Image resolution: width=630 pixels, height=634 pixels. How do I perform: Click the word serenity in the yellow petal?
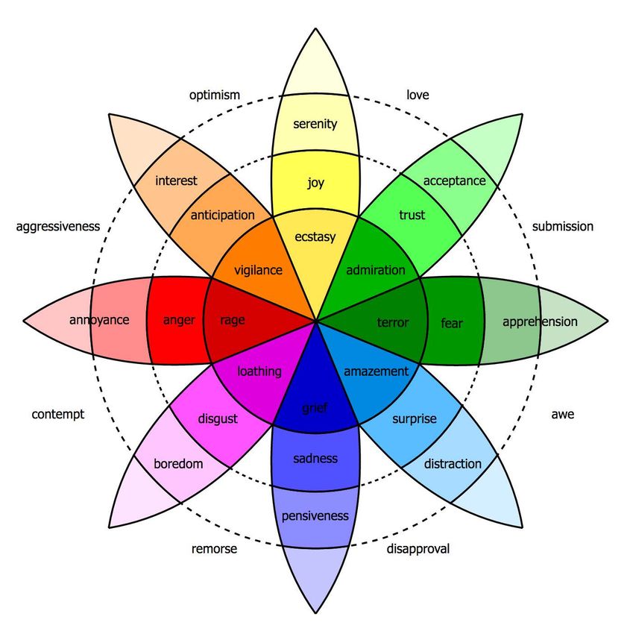[315, 124]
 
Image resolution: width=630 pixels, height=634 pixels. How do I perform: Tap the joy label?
[315, 183]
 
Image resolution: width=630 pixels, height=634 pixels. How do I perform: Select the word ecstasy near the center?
[315, 237]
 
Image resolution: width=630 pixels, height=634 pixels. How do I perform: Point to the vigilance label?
[258, 270]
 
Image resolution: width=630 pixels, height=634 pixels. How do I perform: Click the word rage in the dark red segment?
[233, 320]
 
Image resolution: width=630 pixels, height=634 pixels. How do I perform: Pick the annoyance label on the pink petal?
[99, 320]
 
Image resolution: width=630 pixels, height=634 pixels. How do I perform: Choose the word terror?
[393, 322]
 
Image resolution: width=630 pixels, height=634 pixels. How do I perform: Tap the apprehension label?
[540, 322]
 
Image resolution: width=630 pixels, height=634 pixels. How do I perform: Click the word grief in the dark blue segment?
[315, 408]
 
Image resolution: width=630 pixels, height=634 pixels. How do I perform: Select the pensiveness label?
[315, 516]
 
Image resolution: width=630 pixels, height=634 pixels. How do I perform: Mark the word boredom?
[178, 463]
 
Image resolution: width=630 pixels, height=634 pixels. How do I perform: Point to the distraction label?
[453, 464]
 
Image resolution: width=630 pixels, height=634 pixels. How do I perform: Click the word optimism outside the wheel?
[215, 95]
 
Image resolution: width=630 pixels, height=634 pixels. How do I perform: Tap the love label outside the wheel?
[418, 95]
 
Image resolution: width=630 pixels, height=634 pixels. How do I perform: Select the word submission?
[562, 227]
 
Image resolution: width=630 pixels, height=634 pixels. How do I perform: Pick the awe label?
[562, 415]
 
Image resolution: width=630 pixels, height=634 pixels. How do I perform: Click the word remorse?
[214, 549]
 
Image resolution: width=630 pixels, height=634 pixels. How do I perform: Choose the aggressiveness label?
[58, 227]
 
